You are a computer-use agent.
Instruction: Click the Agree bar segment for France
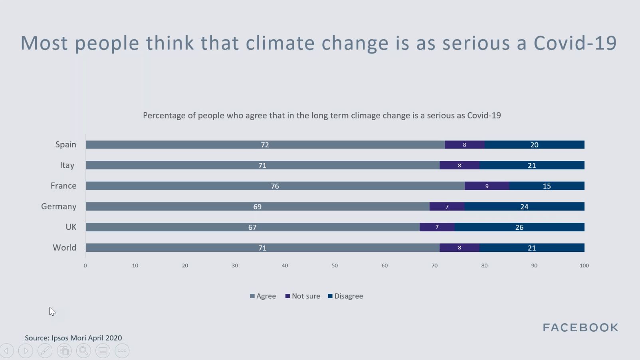[275, 186]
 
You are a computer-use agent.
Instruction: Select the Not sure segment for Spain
[464, 145]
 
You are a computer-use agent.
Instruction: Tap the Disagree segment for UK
[519, 227]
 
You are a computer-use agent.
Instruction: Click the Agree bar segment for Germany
[258, 206]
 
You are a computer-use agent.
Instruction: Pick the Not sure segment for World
[459, 248]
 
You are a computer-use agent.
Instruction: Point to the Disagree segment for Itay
[532, 165]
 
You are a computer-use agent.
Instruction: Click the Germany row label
[59, 206]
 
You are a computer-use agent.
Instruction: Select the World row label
[64, 247]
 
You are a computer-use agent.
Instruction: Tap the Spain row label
[65, 144]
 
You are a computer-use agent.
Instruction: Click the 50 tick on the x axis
[335, 265]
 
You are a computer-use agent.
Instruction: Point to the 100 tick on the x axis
[584, 265]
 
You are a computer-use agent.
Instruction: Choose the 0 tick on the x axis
[85, 265]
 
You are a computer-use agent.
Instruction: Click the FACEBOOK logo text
[581, 328]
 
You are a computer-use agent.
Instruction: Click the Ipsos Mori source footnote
[73, 338]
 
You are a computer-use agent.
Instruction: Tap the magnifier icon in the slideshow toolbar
[83, 351]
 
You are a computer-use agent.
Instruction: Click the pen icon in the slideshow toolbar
[45, 351]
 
